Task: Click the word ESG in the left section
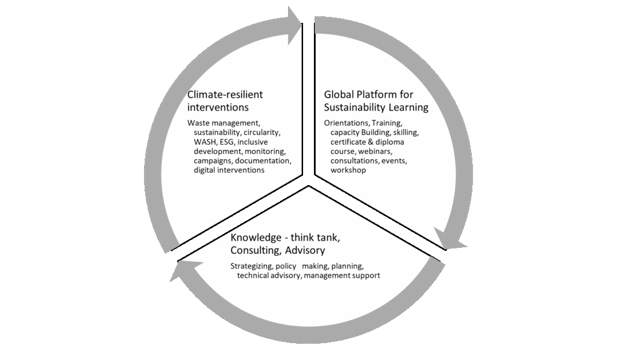click(x=236, y=142)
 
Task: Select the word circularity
click(x=263, y=132)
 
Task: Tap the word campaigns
click(x=213, y=161)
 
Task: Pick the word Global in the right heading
click(x=339, y=95)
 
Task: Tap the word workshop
click(x=348, y=171)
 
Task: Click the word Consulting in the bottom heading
click(x=255, y=250)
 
